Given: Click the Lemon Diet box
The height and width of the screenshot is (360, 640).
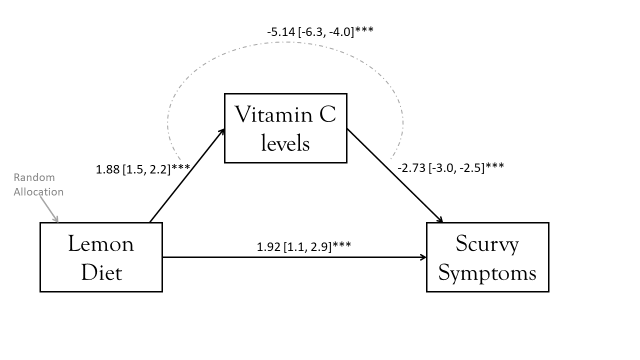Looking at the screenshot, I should click(101, 257).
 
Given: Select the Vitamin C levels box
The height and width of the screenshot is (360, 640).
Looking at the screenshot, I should click(285, 128).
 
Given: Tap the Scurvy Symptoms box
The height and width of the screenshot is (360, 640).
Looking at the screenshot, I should click(487, 257).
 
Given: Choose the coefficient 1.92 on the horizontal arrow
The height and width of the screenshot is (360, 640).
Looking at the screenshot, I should click(268, 246).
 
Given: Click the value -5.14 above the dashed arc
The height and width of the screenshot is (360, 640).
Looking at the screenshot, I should click(280, 31).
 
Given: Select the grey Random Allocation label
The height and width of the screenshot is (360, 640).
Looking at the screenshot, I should click(38, 184).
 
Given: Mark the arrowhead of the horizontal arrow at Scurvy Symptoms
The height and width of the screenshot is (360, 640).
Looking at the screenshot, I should click(423, 257).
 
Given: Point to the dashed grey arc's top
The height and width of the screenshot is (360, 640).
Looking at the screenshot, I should click(286, 41).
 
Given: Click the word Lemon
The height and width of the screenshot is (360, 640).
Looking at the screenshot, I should click(101, 244).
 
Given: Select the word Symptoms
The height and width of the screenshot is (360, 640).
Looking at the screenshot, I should click(487, 272).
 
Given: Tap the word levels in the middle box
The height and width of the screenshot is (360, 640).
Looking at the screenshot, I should click(285, 143).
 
